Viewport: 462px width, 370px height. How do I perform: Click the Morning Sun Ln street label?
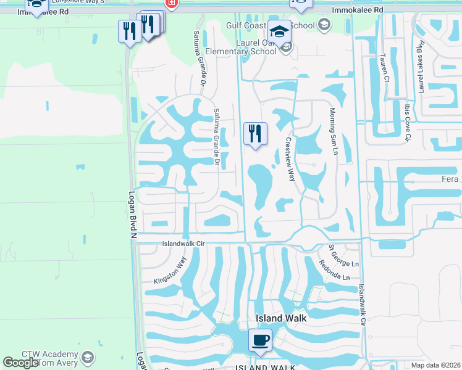[334, 131]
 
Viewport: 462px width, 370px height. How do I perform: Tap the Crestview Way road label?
[290, 158]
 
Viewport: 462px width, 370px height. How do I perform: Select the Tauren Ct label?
[384, 67]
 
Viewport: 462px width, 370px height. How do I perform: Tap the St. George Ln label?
[334, 252]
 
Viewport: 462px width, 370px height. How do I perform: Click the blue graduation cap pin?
[279, 32]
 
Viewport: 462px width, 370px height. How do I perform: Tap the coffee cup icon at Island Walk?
[260, 340]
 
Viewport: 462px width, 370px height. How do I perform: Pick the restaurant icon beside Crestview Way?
[255, 133]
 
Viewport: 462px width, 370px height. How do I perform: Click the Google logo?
[20, 363]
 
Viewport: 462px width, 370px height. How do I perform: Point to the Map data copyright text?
[436, 365]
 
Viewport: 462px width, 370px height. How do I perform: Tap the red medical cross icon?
[171, 4]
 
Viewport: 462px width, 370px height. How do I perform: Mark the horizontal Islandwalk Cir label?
[183, 244]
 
